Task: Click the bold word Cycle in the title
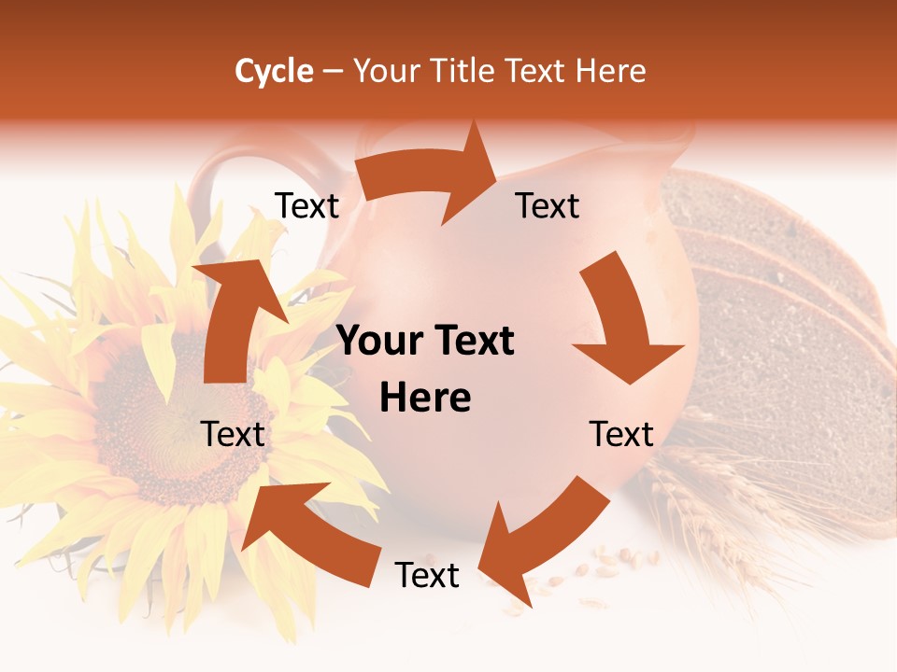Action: pos(274,71)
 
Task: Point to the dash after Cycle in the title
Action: pos(333,71)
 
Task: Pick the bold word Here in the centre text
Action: pos(425,399)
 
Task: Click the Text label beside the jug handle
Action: pos(307,206)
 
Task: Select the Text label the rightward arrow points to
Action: pos(548,206)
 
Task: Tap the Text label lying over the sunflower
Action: pos(234,434)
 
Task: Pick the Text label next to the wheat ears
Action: pos(621,434)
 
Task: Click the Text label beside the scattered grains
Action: pos(427,576)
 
